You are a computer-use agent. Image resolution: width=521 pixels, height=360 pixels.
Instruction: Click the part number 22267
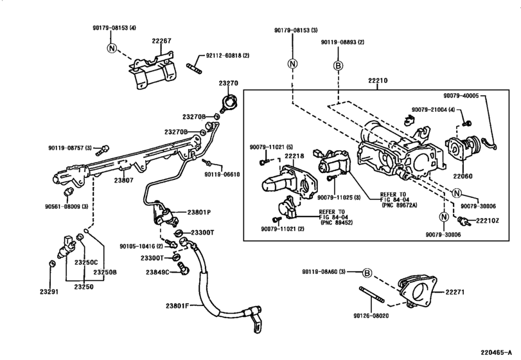pyautogui.click(x=162, y=41)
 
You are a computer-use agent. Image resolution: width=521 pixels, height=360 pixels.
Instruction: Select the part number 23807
pyautogui.click(x=124, y=181)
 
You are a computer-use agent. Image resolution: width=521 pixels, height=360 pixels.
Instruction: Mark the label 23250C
pyautogui.click(x=85, y=262)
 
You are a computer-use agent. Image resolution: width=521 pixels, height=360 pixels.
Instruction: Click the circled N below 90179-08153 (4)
pyautogui.click(x=112, y=48)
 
